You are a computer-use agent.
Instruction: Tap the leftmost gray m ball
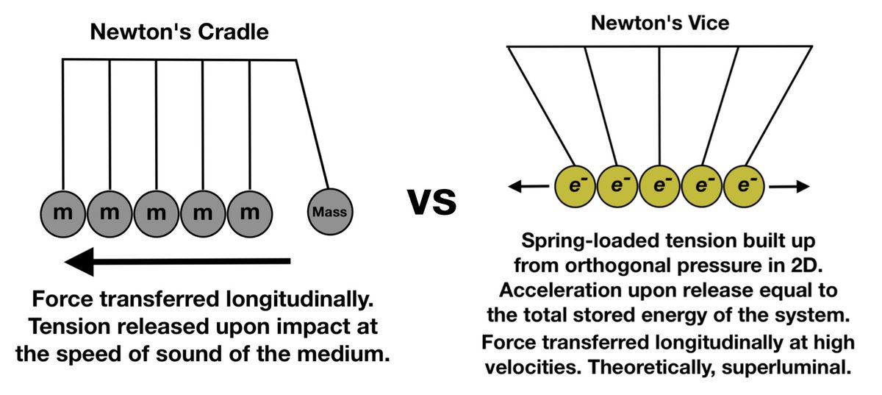[x=63, y=213]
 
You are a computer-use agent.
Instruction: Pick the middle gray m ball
[x=157, y=213]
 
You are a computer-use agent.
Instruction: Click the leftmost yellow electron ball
[x=573, y=185]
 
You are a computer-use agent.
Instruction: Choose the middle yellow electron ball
[x=659, y=185]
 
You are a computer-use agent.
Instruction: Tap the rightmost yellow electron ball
[x=745, y=185]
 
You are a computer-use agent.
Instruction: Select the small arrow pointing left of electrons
[x=528, y=187]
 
